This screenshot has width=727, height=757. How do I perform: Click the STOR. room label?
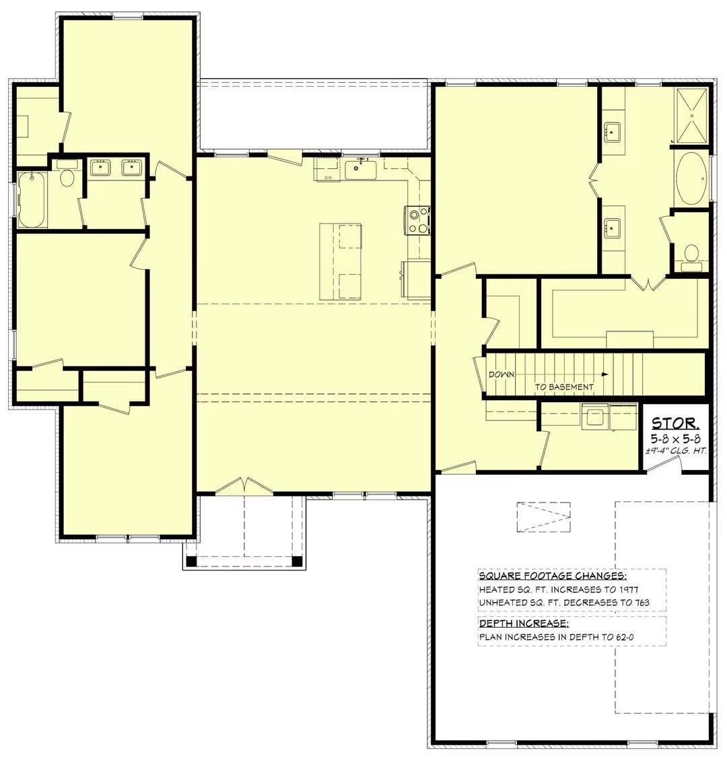[x=676, y=424]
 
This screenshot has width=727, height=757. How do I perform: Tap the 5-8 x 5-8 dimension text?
[x=676, y=438]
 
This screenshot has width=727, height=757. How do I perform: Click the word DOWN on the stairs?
[x=502, y=374]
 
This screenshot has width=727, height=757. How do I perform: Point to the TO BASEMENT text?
[x=564, y=387]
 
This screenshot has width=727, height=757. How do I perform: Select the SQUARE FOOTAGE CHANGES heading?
[x=553, y=576]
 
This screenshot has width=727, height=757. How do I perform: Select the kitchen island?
[x=340, y=261]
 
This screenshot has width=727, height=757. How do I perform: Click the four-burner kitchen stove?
[x=417, y=220]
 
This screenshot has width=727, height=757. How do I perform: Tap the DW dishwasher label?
[x=328, y=177]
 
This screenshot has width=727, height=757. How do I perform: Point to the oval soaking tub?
[x=691, y=178]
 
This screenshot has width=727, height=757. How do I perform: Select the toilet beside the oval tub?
[x=691, y=255]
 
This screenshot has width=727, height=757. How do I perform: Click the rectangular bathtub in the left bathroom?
[x=32, y=199]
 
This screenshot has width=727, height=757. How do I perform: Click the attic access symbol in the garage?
[x=543, y=517]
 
